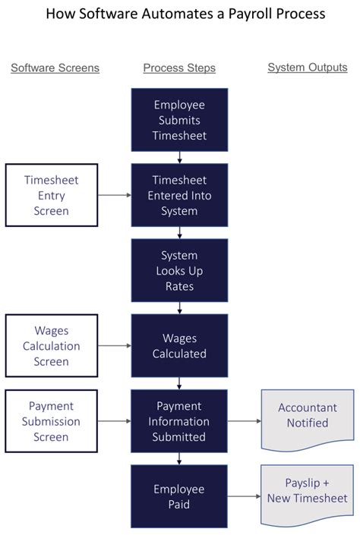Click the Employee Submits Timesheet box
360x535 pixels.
(x=179, y=120)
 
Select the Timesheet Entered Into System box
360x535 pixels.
(x=179, y=195)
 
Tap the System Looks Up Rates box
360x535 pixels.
(x=179, y=270)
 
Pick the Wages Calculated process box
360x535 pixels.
(x=179, y=345)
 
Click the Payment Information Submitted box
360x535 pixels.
(x=179, y=421)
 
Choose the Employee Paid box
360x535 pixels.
(x=179, y=496)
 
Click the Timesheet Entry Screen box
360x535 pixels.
(x=52, y=195)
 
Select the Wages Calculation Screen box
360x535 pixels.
(x=52, y=345)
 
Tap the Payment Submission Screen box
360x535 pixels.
(x=52, y=421)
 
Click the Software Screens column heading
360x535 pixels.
(x=55, y=68)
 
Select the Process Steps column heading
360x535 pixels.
(x=179, y=68)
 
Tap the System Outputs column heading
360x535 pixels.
(x=308, y=68)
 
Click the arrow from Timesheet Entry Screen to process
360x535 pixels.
(x=115, y=195)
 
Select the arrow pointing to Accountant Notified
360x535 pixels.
(x=245, y=421)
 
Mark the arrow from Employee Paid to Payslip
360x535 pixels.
(x=245, y=496)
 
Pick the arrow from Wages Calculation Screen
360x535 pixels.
(x=115, y=345)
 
